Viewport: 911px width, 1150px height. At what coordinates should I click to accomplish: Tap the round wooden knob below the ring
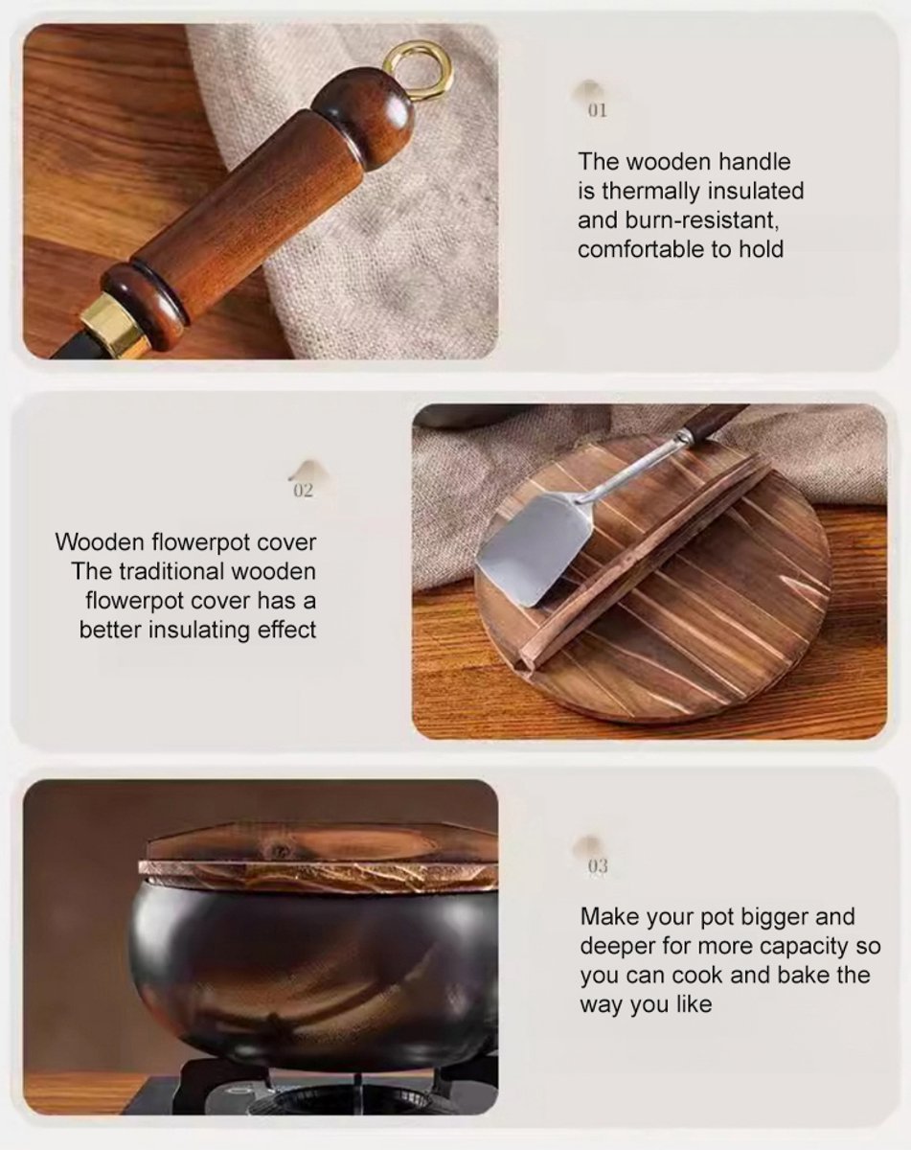(x=364, y=110)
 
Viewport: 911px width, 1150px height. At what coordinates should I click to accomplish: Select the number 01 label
(x=598, y=110)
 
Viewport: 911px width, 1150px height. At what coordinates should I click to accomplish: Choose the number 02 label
(x=303, y=491)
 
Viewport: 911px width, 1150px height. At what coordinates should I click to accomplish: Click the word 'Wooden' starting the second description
(x=101, y=542)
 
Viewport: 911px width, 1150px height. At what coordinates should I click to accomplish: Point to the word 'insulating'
(x=200, y=630)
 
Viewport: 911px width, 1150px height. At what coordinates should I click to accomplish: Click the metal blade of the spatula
(x=533, y=549)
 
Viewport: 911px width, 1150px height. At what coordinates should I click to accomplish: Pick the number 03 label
(x=598, y=865)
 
